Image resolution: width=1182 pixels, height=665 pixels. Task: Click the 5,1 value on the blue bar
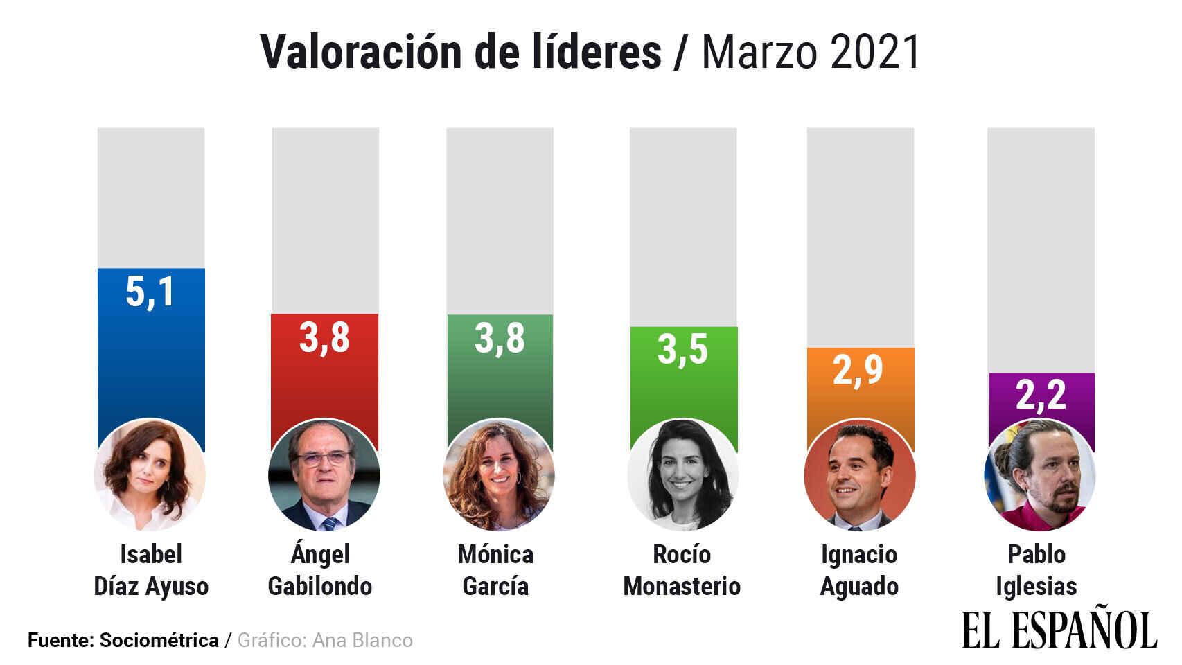click(x=150, y=292)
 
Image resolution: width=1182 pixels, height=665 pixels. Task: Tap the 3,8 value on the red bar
click(x=324, y=338)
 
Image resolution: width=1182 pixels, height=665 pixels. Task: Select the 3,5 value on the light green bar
click(x=682, y=349)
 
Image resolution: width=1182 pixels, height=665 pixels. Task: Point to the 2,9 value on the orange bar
click(x=858, y=370)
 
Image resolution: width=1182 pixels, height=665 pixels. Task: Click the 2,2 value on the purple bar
click(x=1041, y=395)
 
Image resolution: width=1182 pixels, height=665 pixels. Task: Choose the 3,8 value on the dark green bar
click(x=500, y=339)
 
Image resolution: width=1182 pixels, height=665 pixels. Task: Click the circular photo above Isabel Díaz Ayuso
click(x=150, y=475)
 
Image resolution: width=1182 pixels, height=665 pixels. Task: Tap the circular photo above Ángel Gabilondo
click(x=324, y=475)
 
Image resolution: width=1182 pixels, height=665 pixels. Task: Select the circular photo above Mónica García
click(x=499, y=475)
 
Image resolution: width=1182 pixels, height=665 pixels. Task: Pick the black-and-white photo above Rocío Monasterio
click(x=683, y=475)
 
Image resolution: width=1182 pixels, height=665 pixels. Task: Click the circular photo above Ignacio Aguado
click(x=860, y=475)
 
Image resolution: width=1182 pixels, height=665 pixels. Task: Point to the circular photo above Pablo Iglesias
click(x=1040, y=475)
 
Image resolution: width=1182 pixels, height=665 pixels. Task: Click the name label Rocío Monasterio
click(x=682, y=570)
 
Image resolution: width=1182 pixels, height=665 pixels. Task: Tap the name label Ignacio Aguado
click(x=859, y=570)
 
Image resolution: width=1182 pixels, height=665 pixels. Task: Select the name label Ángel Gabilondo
click(x=320, y=570)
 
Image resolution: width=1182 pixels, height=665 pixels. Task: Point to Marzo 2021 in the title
click(x=811, y=52)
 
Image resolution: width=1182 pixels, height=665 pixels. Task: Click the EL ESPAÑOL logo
click(x=1059, y=629)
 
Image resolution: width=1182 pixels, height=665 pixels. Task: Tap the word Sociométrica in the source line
click(x=159, y=640)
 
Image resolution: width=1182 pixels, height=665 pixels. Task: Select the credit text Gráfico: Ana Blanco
click(x=325, y=640)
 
